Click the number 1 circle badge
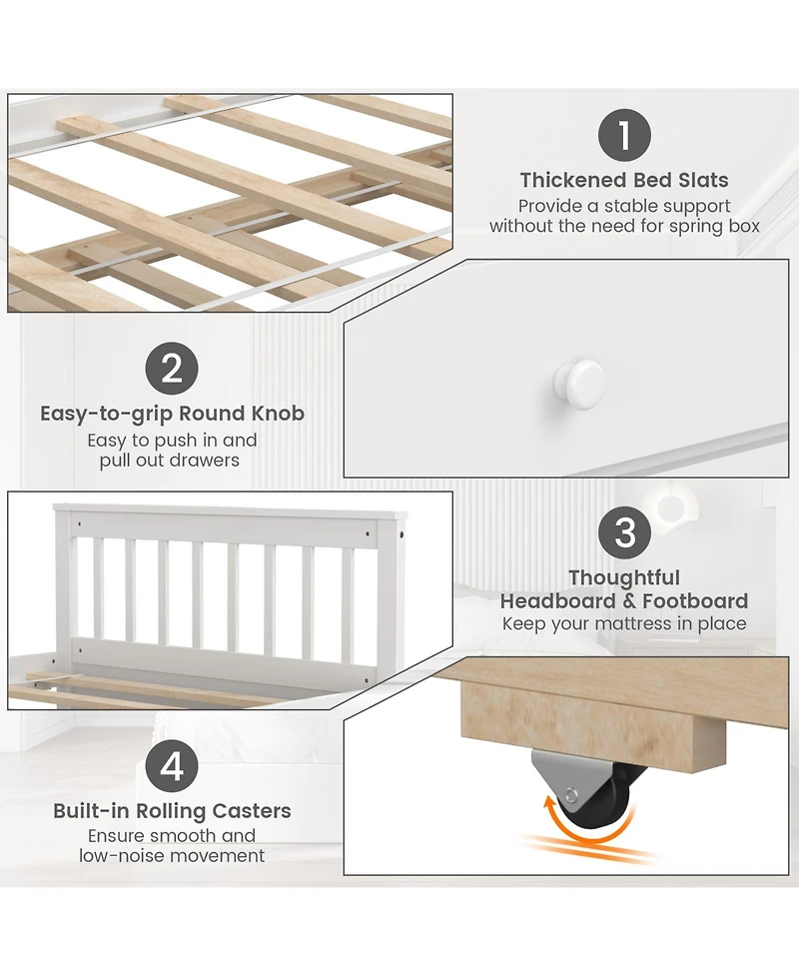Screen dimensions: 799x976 [624, 135]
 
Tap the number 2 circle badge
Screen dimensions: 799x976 [172, 369]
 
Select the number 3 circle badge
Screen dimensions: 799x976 [624, 532]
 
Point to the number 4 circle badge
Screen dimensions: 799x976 [172, 766]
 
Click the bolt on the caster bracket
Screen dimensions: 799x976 [570, 795]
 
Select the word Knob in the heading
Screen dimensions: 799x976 [278, 414]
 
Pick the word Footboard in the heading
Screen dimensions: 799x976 [695, 601]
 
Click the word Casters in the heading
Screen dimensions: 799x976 [252, 811]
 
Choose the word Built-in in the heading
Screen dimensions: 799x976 [92, 811]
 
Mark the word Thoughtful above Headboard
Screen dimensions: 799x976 [624, 577]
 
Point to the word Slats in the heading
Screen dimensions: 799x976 [703, 180]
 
